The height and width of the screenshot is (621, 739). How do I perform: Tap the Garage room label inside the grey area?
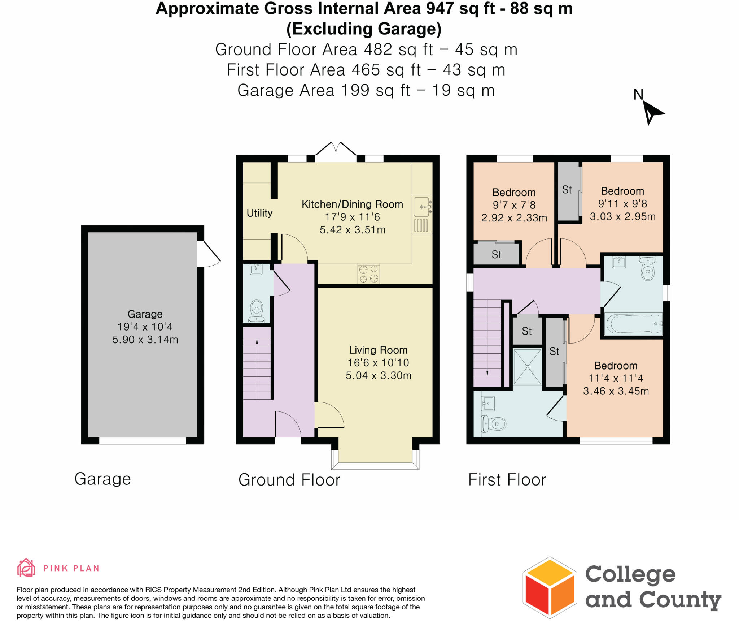(x=145, y=314)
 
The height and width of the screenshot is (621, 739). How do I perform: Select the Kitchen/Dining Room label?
(x=352, y=204)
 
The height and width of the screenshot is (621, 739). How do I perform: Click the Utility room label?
(x=259, y=213)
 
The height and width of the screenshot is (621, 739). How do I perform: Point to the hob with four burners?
(x=368, y=273)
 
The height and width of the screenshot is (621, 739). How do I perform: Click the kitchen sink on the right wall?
(x=422, y=207)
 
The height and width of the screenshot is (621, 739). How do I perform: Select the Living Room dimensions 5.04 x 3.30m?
(x=379, y=376)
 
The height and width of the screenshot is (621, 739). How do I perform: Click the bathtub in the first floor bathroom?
(x=634, y=324)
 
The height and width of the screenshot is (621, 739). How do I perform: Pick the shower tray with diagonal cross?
(x=527, y=366)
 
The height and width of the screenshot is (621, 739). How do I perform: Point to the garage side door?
(x=208, y=254)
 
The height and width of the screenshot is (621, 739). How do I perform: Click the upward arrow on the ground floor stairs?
(x=257, y=341)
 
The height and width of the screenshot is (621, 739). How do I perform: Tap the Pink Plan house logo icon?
(x=26, y=568)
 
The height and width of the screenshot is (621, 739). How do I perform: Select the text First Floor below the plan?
(x=507, y=480)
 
